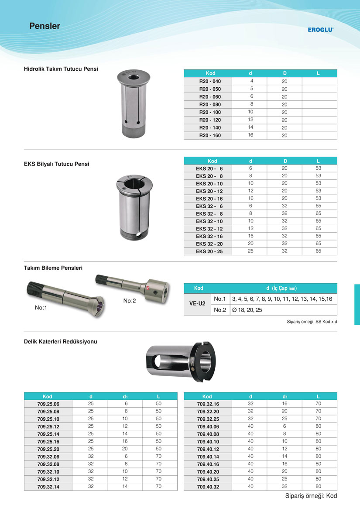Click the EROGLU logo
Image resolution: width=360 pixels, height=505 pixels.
(x=320, y=30)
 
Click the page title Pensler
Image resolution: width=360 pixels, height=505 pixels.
(x=45, y=26)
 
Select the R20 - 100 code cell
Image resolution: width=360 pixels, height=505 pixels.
(x=210, y=112)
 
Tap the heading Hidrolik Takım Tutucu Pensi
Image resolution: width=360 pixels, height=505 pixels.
(x=61, y=69)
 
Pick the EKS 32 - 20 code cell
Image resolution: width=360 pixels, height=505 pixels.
(x=209, y=244)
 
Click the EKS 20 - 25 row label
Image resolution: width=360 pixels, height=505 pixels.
(x=209, y=251)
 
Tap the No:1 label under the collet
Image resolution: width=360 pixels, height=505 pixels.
(x=41, y=308)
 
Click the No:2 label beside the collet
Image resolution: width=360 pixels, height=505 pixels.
(x=130, y=301)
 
